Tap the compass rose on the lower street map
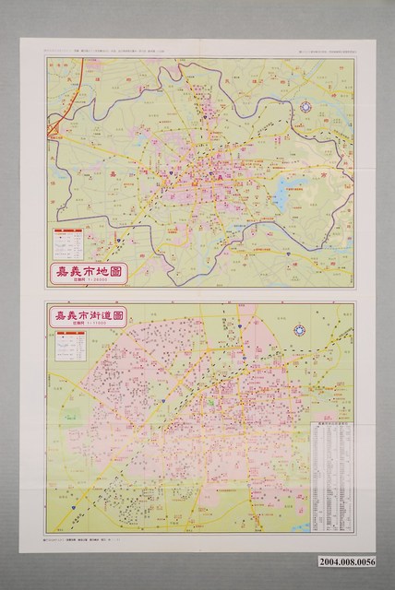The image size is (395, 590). pyautogui.click(x=297, y=331)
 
